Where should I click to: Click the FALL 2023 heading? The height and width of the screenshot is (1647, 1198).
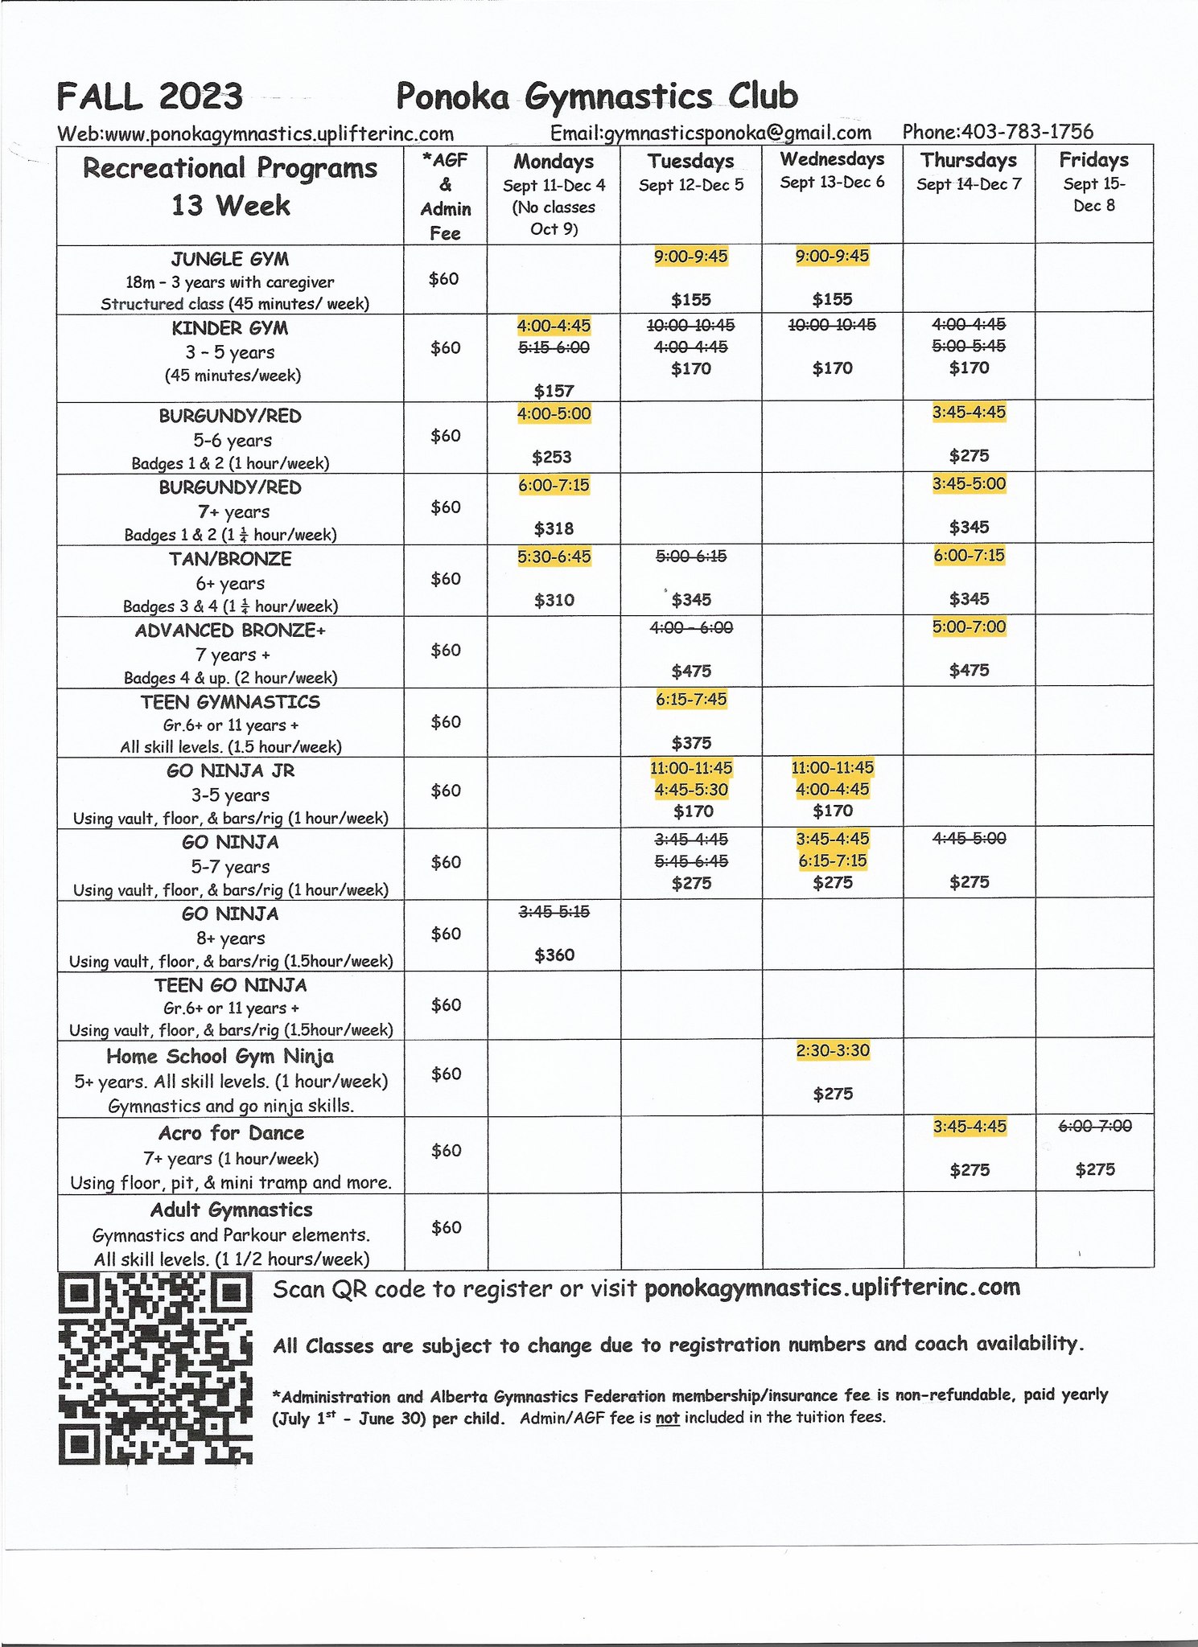150,97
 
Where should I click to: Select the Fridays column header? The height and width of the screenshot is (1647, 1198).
1093,159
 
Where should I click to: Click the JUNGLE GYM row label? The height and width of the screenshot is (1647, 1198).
230,259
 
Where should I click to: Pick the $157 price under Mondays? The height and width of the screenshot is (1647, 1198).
554,391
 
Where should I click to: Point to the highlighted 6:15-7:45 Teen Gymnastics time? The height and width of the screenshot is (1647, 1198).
690,699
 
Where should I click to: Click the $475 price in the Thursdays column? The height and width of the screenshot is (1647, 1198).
969,670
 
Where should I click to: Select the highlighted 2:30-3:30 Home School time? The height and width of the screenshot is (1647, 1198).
832,1050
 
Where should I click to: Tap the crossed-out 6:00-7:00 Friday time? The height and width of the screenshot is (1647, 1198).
1094,1126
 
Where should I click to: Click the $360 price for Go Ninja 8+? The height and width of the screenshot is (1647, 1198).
554,955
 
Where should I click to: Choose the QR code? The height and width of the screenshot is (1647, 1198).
155,1369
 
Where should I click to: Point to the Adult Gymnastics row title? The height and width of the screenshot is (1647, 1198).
231,1210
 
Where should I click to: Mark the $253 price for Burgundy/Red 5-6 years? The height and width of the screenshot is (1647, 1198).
552,457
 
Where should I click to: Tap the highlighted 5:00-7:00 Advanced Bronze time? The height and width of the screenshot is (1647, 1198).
969,626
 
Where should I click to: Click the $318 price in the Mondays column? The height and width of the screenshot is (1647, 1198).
554,528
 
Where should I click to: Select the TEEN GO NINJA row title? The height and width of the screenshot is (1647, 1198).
231,985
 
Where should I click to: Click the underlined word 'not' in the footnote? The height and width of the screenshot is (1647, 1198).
667,1417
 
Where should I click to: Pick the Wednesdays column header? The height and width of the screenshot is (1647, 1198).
832,159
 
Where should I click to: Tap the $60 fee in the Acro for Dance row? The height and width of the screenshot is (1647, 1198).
446,1151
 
